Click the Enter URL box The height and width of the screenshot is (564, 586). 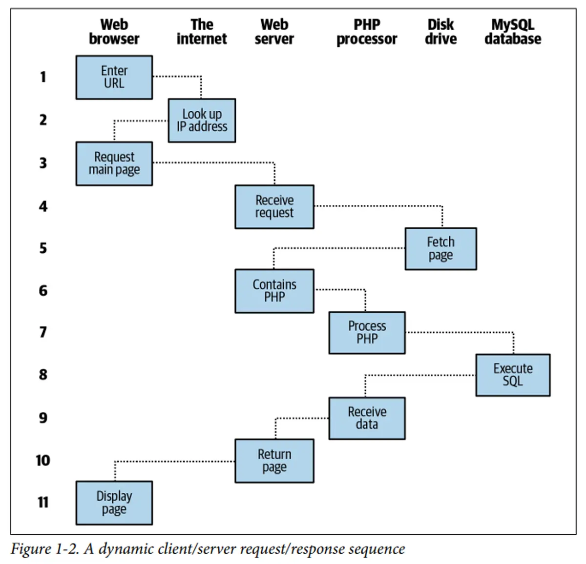click(x=114, y=77)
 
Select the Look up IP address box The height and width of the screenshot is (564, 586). click(x=202, y=121)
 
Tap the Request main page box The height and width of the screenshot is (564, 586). click(x=114, y=163)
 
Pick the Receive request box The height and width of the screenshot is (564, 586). click(x=274, y=206)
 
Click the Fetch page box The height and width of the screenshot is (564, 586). click(x=440, y=249)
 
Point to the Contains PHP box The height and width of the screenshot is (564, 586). click(x=274, y=291)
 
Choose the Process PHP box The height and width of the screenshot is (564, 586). click(x=367, y=333)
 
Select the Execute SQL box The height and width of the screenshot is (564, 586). click(x=513, y=375)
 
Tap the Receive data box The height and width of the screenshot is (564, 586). click(x=367, y=418)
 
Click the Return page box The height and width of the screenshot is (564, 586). click(x=274, y=461)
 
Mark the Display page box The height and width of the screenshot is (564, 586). click(x=114, y=503)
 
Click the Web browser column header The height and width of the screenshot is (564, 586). click(x=114, y=32)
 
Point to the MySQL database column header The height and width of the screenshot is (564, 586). click(x=513, y=32)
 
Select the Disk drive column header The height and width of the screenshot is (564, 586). click(x=440, y=32)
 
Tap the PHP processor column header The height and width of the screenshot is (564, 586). click(x=367, y=32)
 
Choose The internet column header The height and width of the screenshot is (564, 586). click(x=202, y=32)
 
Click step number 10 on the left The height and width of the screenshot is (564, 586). click(x=43, y=461)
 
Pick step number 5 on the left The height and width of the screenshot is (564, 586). click(x=43, y=248)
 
